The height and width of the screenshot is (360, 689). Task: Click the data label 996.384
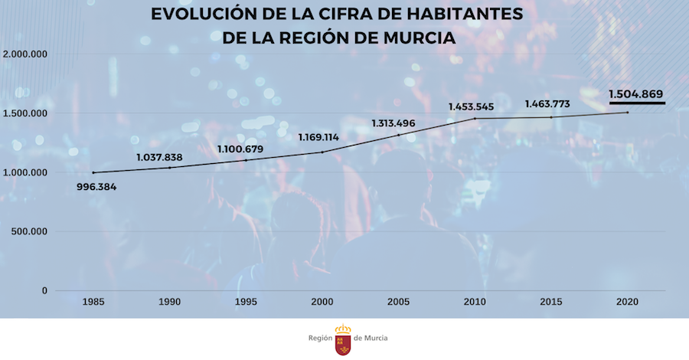click(x=103, y=187)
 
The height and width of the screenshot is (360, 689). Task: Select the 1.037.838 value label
click(x=159, y=158)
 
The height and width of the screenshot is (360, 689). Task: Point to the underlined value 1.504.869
click(x=636, y=94)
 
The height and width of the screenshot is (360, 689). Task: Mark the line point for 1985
click(x=93, y=172)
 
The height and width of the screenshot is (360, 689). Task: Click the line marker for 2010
click(x=475, y=119)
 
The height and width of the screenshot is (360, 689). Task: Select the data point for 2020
click(x=628, y=113)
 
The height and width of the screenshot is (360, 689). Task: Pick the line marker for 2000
click(x=322, y=152)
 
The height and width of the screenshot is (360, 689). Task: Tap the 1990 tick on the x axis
click(x=169, y=303)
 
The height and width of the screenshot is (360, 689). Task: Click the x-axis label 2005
click(x=398, y=303)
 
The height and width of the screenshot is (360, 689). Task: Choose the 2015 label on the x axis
click(x=551, y=303)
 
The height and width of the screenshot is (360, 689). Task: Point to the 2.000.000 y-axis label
click(x=26, y=54)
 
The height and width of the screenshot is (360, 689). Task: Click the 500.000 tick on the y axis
click(x=30, y=231)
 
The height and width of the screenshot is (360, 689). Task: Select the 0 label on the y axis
click(x=44, y=291)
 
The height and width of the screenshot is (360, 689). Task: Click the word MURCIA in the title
click(x=420, y=37)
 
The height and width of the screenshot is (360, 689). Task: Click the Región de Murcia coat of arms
click(x=344, y=339)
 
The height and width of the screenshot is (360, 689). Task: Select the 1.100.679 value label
click(x=240, y=148)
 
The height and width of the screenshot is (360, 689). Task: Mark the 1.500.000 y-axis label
click(x=26, y=113)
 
